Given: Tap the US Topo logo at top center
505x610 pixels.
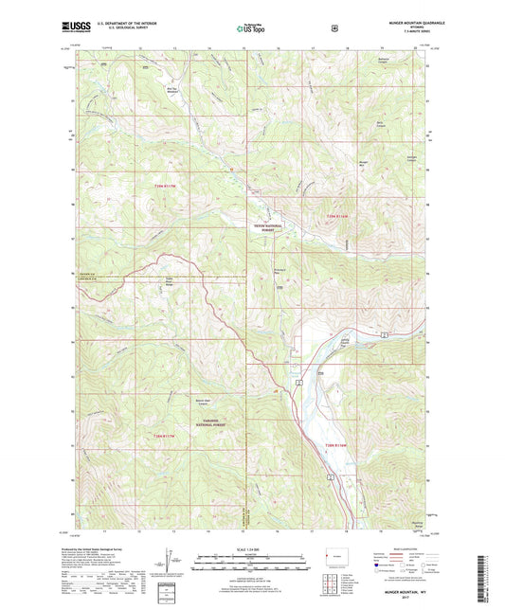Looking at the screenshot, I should pyautogui.click(x=251, y=29).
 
